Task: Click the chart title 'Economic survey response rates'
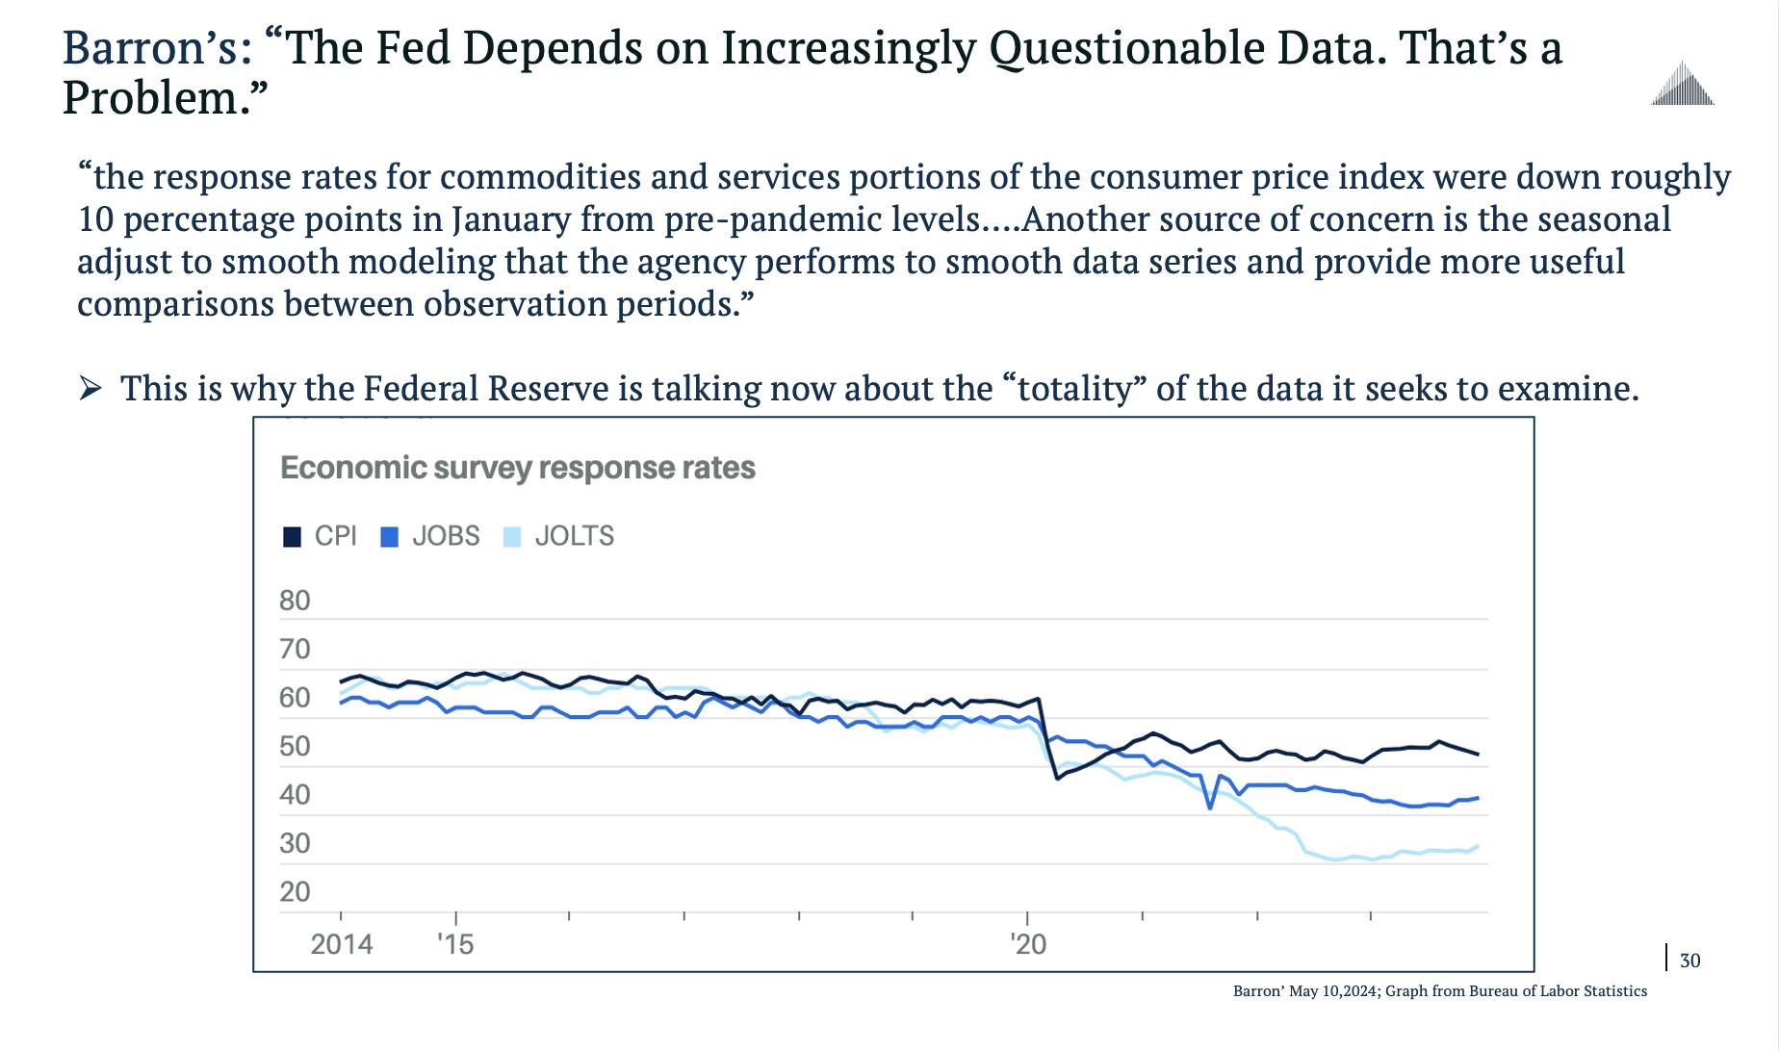coord(517,469)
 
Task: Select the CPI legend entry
coord(321,536)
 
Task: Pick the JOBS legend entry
coord(430,536)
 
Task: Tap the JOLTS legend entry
coord(559,536)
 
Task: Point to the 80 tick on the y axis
coord(295,601)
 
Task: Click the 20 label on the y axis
coord(295,892)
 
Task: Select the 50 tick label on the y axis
coord(295,747)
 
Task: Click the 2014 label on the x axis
coord(342,944)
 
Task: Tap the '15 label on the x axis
coord(455,944)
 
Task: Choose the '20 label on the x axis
coord(1028,944)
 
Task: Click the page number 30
coord(1689,961)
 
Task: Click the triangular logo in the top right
coord(1682,84)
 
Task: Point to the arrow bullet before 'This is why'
coord(90,389)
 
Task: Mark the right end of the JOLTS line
coord(1478,847)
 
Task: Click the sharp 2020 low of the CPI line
coord(1057,778)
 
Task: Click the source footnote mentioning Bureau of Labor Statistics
coord(1439,991)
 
